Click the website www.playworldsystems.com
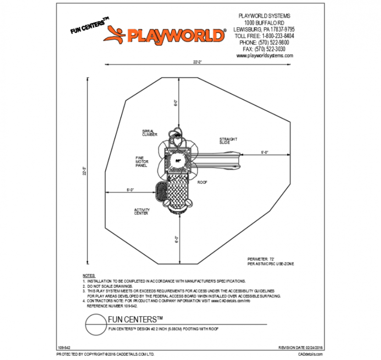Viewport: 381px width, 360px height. coord(265,56)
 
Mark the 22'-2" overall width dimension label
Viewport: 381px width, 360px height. coord(197,62)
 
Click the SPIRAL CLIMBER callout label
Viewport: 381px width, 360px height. coord(149,133)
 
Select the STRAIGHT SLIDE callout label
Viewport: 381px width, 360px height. coord(228,141)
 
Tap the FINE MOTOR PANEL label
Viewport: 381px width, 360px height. coord(141,162)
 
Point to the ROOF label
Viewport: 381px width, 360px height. coord(202,182)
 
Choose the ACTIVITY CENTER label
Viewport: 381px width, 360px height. coord(141,212)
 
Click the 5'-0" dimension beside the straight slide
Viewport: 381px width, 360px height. coord(265,152)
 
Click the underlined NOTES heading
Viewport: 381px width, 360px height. coord(88,275)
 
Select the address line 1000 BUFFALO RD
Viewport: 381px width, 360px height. coord(264,22)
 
